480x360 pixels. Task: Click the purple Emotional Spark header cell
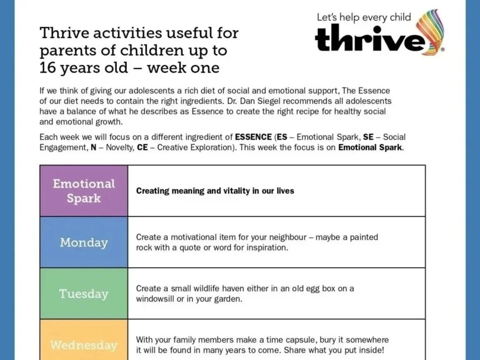coord(84,191)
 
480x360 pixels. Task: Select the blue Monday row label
coord(84,242)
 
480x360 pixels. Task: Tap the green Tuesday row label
coord(84,293)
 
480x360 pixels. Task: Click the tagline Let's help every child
coord(364,17)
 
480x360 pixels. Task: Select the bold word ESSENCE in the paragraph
coord(253,137)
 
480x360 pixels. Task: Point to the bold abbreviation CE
coord(142,147)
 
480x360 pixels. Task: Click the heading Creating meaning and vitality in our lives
coord(215,191)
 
